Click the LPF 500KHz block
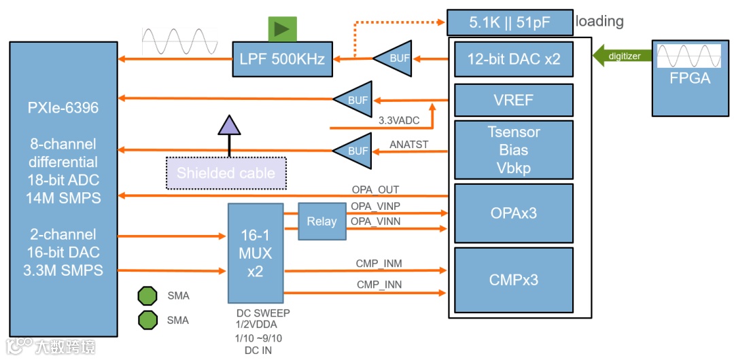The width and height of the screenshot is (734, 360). click(282, 59)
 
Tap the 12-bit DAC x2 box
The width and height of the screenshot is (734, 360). click(514, 59)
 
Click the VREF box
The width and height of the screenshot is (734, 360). click(514, 101)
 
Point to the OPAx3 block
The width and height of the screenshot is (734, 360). click(514, 213)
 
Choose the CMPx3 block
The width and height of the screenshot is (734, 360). click(514, 279)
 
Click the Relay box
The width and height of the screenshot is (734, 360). click(321, 221)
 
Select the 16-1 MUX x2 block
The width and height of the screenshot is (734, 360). click(256, 253)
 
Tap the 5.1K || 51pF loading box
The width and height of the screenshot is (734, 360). click(510, 22)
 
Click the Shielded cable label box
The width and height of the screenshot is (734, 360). click(226, 173)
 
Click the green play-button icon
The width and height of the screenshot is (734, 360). click(282, 29)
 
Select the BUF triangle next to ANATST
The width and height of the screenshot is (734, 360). click(354, 150)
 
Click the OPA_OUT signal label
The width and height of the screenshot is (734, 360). click(375, 190)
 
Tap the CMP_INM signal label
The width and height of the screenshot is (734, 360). click(379, 264)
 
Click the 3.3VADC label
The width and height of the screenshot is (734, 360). click(399, 120)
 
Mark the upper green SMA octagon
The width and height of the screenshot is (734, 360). click(147, 295)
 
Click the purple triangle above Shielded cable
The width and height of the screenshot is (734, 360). click(229, 124)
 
